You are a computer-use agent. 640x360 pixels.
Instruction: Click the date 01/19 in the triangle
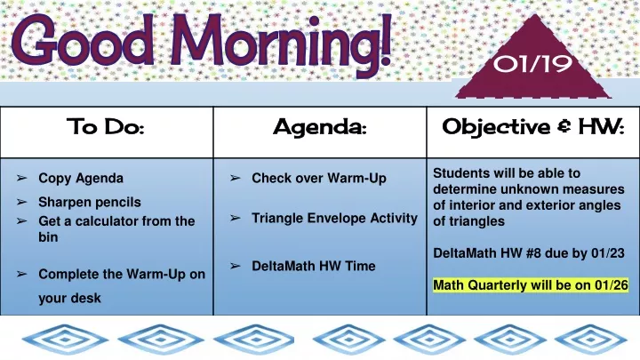(532, 64)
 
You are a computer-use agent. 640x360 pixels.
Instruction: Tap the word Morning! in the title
(281, 44)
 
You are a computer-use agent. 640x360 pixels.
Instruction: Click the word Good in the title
(82, 40)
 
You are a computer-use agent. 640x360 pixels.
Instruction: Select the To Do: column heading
(105, 126)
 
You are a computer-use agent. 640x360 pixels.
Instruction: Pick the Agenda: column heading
(320, 128)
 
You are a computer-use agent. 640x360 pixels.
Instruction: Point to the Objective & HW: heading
(533, 127)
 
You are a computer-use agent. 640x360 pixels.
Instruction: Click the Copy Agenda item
(81, 179)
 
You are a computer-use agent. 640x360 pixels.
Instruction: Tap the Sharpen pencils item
(90, 202)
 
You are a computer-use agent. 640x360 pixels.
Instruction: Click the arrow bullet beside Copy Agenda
(21, 178)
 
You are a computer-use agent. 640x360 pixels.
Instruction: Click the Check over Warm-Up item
(319, 179)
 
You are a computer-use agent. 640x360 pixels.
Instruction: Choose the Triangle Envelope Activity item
(334, 219)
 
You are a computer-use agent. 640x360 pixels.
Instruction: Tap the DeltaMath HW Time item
(314, 266)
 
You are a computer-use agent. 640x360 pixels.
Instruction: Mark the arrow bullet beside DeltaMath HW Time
(235, 266)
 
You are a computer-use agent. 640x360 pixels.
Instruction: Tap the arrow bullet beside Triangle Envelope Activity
(235, 218)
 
